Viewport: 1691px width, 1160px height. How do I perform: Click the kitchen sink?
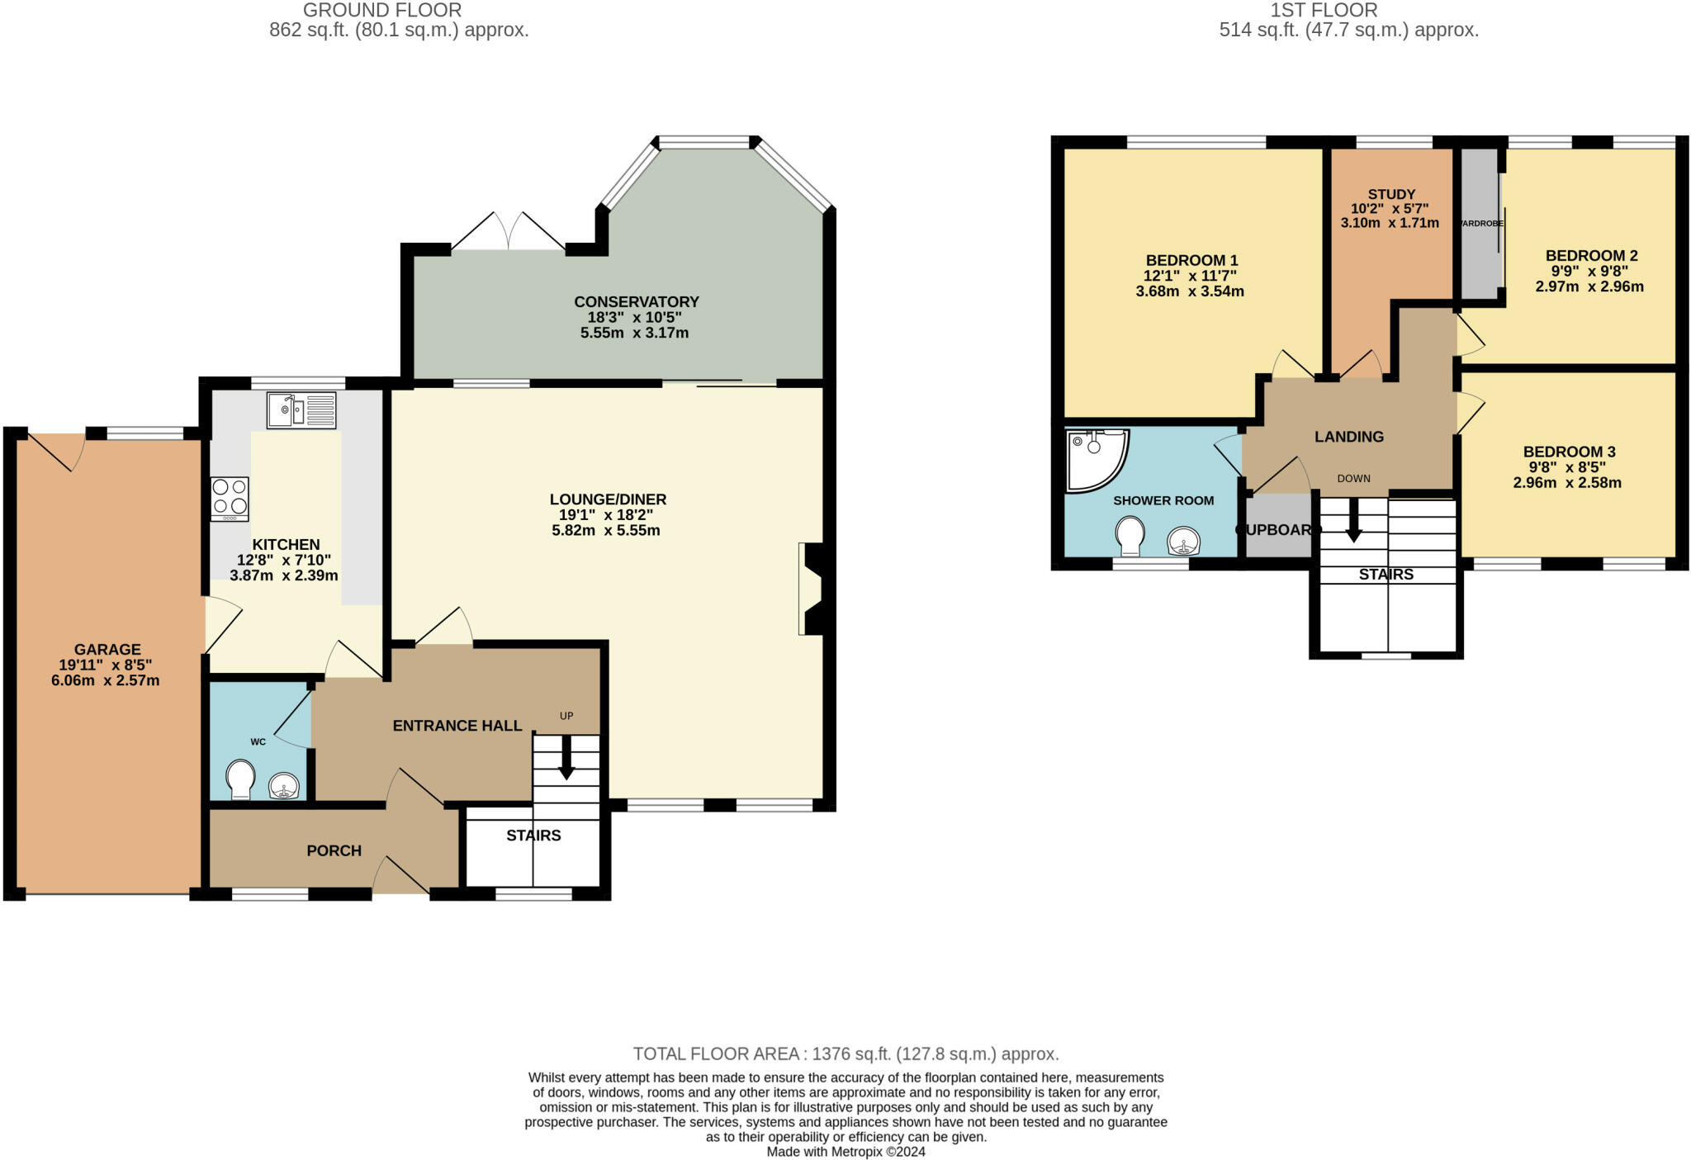tap(301, 410)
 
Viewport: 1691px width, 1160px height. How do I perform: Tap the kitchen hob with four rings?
tap(230, 499)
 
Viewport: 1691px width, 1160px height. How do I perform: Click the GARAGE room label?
tap(107, 650)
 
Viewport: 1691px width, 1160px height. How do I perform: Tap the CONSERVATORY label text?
tap(637, 302)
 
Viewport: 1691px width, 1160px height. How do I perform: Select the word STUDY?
tap(1391, 195)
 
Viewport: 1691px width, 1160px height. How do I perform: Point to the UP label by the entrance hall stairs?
tap(566, 716)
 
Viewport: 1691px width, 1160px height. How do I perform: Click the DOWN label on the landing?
tap(1354, 478)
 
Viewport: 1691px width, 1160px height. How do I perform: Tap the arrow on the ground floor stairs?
tap(566, 757)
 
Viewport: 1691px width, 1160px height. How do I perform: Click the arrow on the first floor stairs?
tap(1354, 520)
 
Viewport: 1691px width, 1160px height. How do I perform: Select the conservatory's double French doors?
tap(509, 232)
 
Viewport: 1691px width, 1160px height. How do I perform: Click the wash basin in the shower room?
tap(1184, 542)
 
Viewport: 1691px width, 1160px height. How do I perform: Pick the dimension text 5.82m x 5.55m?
tap(606, 530)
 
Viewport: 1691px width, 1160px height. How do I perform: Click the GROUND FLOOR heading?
tap(382, 11)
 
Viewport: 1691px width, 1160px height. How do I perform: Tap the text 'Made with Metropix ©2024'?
tap(846, 1152)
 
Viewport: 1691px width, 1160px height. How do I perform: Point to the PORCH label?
tap(334, 851)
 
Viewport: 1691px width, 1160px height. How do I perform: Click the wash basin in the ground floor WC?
tap(284, 785)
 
